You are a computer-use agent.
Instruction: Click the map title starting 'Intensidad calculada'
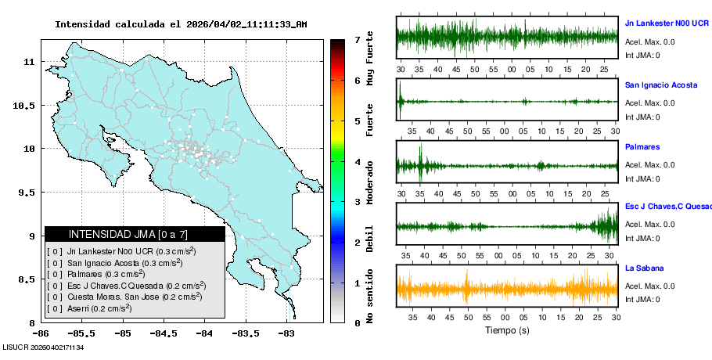(181, 24)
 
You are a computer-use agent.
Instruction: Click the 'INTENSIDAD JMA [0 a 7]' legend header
(128, 234)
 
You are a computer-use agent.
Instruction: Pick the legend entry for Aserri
(100, 308)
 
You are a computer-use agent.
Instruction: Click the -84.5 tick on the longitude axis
(164, 332)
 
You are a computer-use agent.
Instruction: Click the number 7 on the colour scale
(356, 39)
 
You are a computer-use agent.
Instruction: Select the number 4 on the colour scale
(356, 162)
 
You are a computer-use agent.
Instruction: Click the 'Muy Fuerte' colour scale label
(370, 59)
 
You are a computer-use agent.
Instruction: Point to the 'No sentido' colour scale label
(370, 298)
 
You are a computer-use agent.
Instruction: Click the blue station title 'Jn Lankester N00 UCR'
(667, 23)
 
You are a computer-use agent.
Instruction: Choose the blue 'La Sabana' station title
(645, 268)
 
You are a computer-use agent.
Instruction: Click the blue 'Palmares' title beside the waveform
(642, 146)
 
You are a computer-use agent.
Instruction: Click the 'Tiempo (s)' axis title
(508, 330)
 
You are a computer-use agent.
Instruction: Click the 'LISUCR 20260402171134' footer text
(43, 347)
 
